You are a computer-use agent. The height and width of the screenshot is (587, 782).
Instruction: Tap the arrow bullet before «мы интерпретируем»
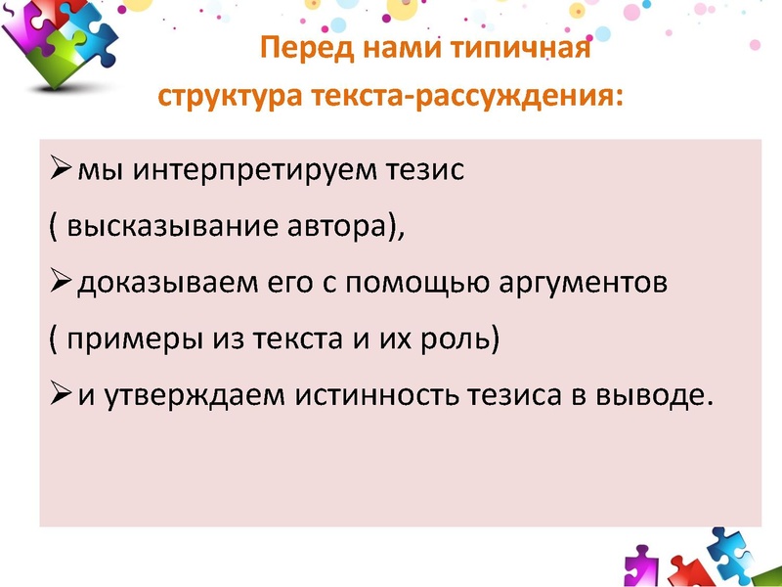(59, 171)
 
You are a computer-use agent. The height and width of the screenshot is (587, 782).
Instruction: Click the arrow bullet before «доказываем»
(59, 284)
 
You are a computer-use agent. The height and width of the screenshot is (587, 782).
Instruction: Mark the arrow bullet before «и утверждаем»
(59, 395)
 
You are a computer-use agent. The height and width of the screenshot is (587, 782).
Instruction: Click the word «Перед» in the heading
(300, 49)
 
